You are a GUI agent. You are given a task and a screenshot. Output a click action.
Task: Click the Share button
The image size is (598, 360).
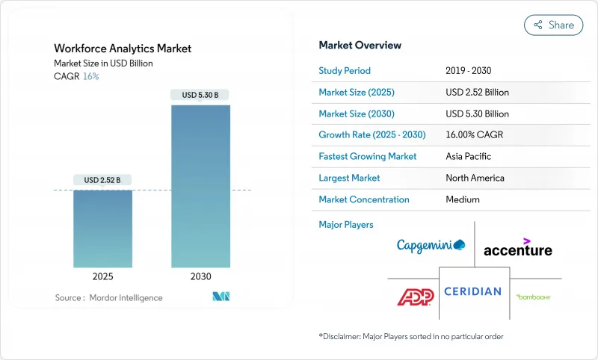pos(553,25)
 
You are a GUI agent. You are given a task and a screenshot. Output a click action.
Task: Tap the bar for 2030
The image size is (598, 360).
pos(200,187)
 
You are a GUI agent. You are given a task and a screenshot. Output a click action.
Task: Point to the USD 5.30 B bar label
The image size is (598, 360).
pos(200,95)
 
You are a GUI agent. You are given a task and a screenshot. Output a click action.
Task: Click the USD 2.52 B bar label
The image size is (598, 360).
pos(102,179)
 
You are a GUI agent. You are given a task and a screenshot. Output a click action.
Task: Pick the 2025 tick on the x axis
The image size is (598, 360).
pos(102,276)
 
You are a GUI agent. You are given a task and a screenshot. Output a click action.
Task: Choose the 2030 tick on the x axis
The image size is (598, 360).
pos(200,276)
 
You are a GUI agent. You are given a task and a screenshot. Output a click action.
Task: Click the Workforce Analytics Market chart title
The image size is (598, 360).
pos(123,49)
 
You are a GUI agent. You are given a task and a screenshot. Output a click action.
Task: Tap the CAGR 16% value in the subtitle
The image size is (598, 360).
pos(90,76)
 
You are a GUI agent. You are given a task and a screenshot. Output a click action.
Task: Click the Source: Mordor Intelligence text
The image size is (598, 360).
pos(108,298)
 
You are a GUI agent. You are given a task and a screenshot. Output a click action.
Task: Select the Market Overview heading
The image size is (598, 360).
pos(360,46)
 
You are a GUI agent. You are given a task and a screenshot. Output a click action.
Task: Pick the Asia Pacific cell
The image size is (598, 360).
pos(469,157)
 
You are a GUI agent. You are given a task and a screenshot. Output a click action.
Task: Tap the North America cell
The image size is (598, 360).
pos(475,178)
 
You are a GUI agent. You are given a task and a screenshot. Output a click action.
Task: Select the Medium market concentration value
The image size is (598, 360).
pos(463,199)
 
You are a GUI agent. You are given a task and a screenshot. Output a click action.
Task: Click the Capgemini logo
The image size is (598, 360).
pos(431,245)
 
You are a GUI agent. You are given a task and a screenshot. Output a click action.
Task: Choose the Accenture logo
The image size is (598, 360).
pos(517,248)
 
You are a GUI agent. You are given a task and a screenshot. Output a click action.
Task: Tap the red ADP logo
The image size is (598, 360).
pos(415,297)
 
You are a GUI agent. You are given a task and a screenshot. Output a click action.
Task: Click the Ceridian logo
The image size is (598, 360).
pos(472,291)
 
